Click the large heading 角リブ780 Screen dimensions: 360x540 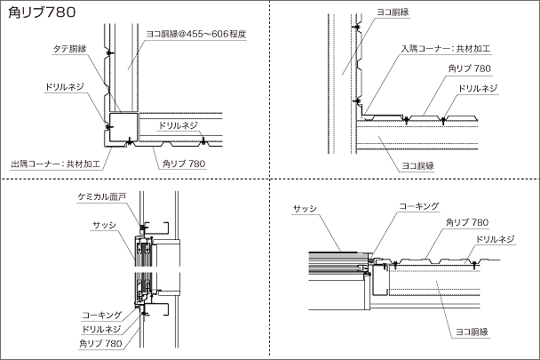tap(43, 13)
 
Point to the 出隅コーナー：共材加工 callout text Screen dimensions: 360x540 tap(55, 164)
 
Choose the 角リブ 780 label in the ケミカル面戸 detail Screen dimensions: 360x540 tap(99, 342)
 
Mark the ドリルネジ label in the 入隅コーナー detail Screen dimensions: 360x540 tap(475, 88)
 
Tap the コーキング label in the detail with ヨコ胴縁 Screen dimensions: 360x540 tap(419, 206)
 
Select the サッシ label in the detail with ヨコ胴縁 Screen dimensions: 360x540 tap(305, 208)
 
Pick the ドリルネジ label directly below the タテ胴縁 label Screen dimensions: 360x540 tap(61, 88)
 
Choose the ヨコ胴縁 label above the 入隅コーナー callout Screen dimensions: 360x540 tap(392, 12)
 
